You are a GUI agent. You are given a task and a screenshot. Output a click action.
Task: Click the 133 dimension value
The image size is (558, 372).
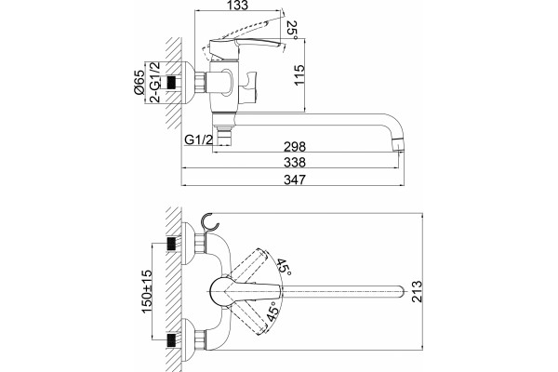[237, 6]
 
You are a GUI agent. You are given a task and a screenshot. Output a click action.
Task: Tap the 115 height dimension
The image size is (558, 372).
[299, 74]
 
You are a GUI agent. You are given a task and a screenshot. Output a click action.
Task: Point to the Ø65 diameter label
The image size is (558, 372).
[139, 83]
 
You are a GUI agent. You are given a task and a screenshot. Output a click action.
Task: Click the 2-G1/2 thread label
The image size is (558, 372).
[154, 82]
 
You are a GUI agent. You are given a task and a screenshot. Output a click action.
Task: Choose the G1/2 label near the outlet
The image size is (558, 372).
[199, 139]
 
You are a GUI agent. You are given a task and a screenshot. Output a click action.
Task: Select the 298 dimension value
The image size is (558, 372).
[295, 146]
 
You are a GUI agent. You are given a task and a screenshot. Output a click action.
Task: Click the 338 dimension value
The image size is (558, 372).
[295, 163]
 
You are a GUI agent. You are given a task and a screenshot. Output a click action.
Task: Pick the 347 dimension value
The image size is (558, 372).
[295, 179]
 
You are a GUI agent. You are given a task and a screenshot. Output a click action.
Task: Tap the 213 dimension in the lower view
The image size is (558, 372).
[417, 291]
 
